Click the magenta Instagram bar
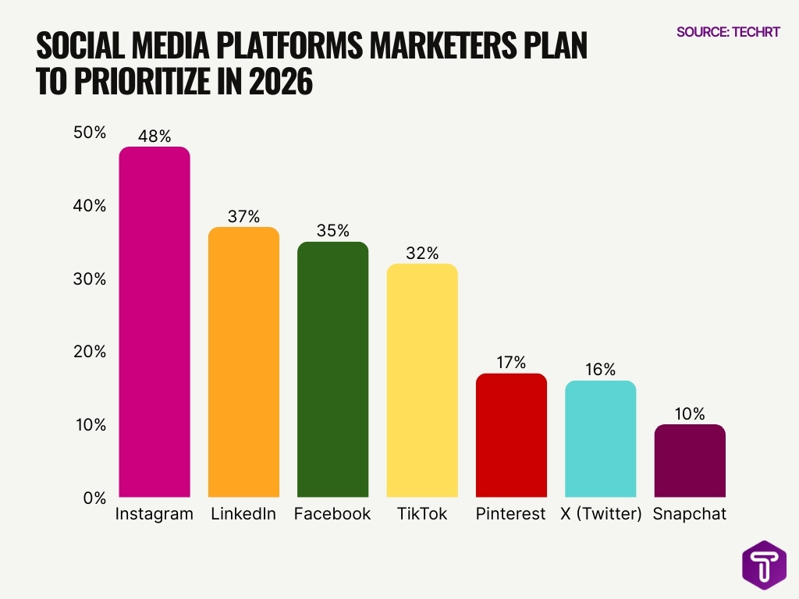(154, 321)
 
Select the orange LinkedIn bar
(243, 362)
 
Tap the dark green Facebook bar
(332, 369)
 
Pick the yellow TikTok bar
(422, 380)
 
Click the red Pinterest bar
(511, 435)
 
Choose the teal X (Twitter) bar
(600, 438)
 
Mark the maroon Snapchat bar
(690, 460)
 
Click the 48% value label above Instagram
(154, 136)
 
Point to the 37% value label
(243, 217)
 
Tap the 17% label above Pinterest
(511, 363)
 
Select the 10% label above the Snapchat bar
(690, 414)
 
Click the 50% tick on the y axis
(90, 133)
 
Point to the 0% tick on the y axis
(94, 498)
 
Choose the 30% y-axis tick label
(90, 278)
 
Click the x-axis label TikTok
(422, 515)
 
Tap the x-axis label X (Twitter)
(600, 515)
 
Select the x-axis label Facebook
(332, 515)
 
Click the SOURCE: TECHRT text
(728, 32)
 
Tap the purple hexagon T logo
(763, 564)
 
